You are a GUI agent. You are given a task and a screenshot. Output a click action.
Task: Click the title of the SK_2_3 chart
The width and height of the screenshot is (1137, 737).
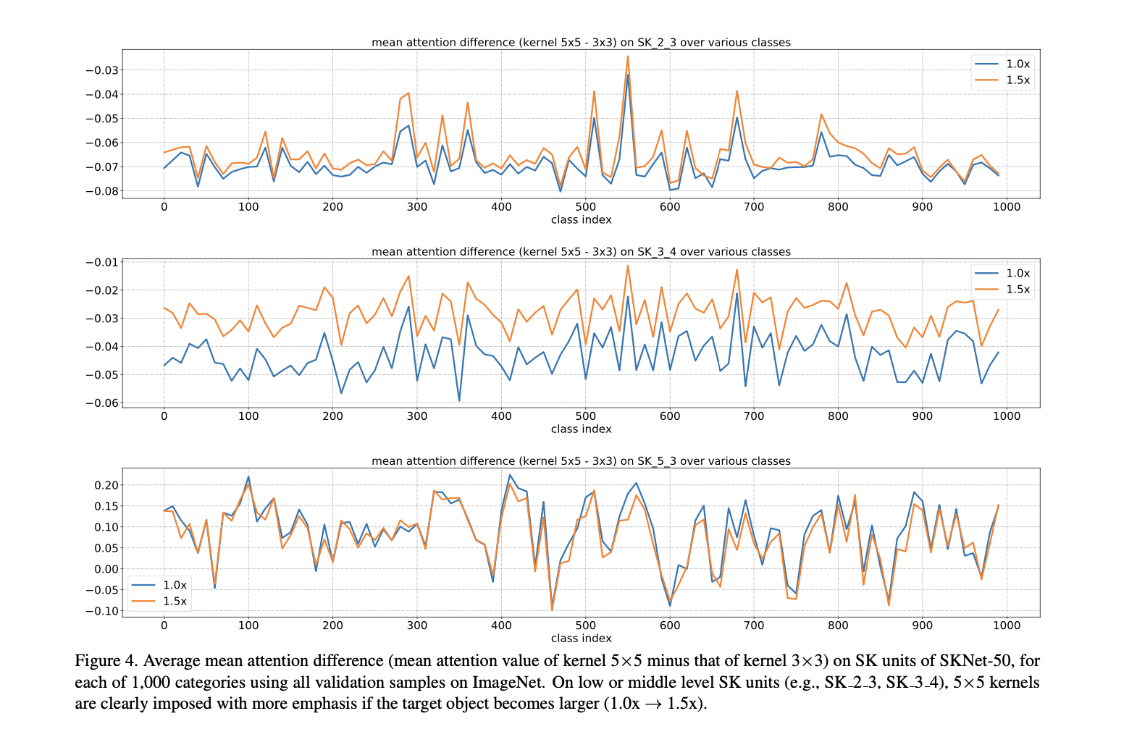click(581, 42)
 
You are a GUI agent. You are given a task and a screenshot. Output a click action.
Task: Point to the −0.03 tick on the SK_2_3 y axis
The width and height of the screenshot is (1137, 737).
click(102, 70)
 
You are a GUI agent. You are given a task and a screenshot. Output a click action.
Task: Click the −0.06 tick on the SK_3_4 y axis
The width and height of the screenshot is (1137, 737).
click(102, 403)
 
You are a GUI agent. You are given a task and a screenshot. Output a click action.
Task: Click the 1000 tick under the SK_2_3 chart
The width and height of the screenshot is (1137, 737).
click(1006, 207)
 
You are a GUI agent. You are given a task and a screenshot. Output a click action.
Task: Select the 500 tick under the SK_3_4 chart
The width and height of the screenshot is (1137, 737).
click(585, 416)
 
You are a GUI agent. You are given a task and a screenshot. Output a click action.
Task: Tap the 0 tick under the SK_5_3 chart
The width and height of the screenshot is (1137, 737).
click(164, 626)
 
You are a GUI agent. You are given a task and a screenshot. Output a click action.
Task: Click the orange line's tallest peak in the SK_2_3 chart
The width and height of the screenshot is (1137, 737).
click(628, 56)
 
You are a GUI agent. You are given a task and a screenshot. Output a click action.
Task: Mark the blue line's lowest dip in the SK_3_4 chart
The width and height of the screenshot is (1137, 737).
click(459, 400)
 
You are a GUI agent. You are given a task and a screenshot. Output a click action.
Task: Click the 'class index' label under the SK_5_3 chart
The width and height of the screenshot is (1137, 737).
click(581, 639)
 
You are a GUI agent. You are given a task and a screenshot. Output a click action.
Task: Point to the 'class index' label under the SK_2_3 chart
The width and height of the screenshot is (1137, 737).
click(581, 220)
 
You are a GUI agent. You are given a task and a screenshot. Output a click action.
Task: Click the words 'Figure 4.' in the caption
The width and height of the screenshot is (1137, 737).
click(106, 661)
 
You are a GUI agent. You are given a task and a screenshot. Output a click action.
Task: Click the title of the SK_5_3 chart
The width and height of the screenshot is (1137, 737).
click(581, 460)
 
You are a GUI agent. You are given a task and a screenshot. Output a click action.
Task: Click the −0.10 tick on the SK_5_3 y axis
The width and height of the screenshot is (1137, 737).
click(102, 611)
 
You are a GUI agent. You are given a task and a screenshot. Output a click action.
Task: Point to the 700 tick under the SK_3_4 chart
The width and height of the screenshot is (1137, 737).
click(754, 416)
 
